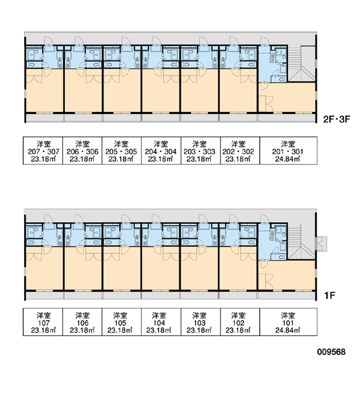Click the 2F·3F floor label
[x=336, y=119]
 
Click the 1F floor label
[x=330, y=296]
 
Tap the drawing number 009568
[x=331, y=352]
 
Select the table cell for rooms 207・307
[x=43, y=151]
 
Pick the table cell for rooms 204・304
[x=161, y=151]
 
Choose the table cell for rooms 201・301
[x=289, y=151]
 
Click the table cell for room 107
[x=43, y=322]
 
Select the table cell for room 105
[x=122, y=322]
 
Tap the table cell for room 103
[x=200, y=322]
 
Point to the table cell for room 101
[x=289, y=322]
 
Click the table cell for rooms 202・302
[x=240, y=151]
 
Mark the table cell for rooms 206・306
[x=82, y=151]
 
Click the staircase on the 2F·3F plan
[x=301, y=64]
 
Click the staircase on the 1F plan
[x=301, y=242]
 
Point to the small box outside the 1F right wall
[x=321, y=244]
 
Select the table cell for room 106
[x=82, y=322]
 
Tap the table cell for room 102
[x=240, y=322]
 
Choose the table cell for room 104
[x=161, y=322]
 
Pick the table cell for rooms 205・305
[x=122, y=151]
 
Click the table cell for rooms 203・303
[x=200, y=151]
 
